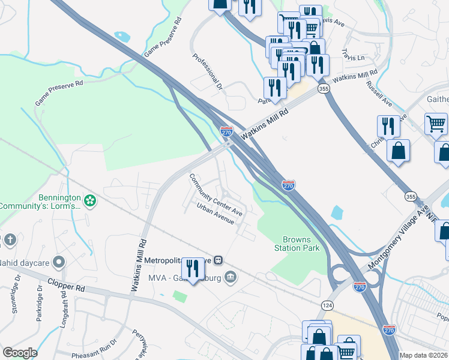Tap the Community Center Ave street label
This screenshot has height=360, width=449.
[x=216, y=195]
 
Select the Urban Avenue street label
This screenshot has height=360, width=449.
[x=215, y=214]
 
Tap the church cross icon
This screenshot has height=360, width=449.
[x=9, y=240]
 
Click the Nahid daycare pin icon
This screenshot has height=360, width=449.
[x=58, y=262]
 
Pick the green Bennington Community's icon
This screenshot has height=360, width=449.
[x=90, y=199]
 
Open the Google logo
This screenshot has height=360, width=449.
[x=20, y=353]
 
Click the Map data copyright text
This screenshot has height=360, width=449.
[x=423, y=355]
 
